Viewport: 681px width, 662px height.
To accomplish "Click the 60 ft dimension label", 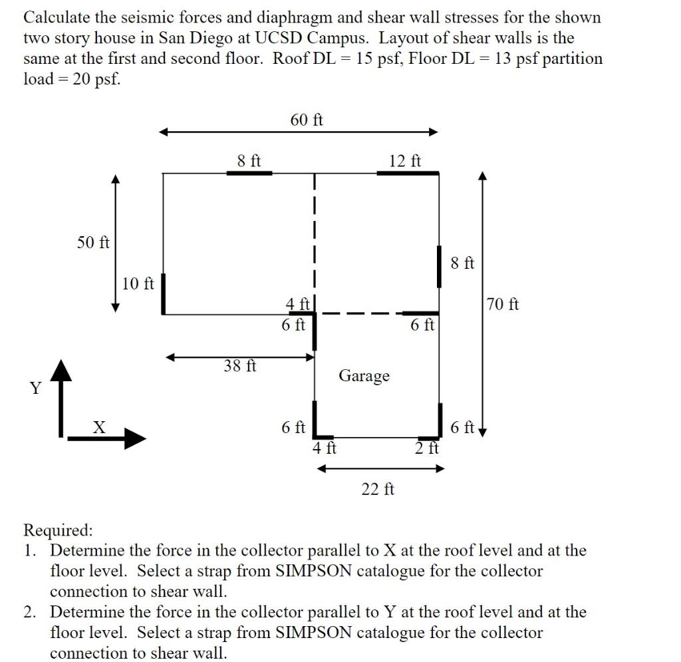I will coord(307,120).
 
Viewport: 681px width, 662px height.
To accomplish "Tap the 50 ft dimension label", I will coord(93,242).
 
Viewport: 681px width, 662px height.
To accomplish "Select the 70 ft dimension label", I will coord(503,305).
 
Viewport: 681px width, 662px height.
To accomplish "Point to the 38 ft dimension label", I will coord(240,365).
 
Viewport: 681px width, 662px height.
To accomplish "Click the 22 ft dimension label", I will coord(378,490).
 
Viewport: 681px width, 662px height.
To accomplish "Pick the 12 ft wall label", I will coord(405,160).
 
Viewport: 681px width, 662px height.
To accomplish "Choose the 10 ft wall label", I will coord(138,283).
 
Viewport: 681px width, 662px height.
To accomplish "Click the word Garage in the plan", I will coord(364,376).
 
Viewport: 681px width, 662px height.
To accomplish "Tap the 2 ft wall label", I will coord(427,448).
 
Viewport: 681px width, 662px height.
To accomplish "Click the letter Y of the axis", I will coord(35,388).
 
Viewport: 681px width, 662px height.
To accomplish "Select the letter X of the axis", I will coord(98,427).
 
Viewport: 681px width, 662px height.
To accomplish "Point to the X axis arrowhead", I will coord(136,437).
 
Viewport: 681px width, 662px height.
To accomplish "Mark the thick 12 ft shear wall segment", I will coord(408,173).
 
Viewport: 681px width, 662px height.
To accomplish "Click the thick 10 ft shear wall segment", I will coord(164,293).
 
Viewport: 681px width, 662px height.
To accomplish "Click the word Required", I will coord(58,530).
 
